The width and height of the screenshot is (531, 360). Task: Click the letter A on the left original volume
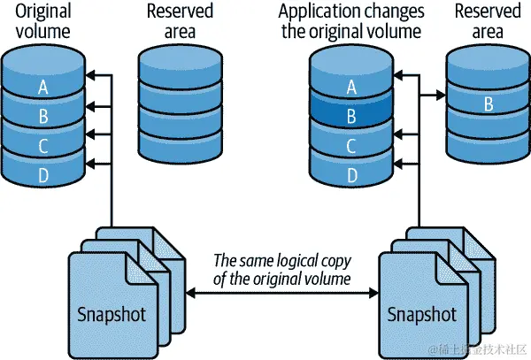[42, 88]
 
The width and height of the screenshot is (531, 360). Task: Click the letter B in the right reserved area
[488, 103]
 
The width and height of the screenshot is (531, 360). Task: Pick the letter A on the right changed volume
[351, 88]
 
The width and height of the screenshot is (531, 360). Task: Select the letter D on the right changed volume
[351, 175]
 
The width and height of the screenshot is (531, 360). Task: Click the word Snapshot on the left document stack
[112, 315]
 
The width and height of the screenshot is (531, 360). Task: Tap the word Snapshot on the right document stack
[421, 315]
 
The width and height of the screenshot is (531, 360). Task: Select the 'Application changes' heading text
[351, 12]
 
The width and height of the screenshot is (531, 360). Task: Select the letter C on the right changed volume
[351, 145]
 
